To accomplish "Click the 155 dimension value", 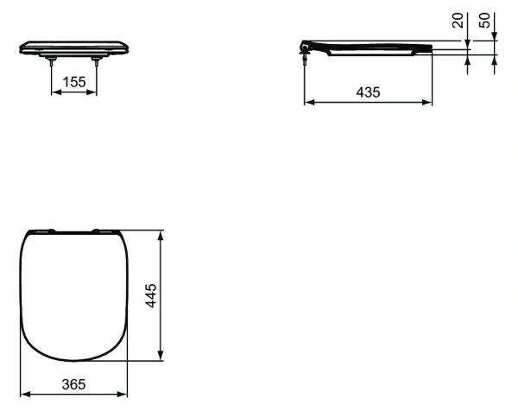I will pos(74,82).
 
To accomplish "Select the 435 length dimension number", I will pos(368,91).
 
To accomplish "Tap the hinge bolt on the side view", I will pos(306,54).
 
